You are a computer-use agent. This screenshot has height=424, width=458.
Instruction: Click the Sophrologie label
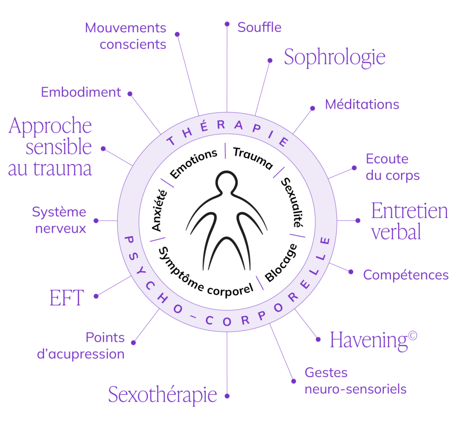[335, 58]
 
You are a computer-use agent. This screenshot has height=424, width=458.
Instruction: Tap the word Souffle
[259, 27]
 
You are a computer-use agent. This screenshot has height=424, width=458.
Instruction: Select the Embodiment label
[81, 92]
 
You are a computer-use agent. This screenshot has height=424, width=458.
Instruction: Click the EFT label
[67, 297]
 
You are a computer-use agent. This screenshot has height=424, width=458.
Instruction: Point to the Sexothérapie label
[163, 395]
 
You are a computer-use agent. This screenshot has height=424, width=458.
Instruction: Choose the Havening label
[373, 340]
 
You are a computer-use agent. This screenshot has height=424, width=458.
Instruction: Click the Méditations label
[362, 104]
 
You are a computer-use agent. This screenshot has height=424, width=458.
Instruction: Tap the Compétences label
[406, 275]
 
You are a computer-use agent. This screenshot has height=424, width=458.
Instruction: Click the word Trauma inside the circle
[253, 158]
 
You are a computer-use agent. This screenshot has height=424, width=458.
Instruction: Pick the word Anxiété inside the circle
[160, 210]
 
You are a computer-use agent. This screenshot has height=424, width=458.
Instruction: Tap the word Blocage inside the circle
[281, 263]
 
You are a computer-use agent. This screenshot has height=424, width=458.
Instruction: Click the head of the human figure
[227, 182]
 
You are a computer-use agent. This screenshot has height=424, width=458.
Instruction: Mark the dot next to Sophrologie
[270, 60]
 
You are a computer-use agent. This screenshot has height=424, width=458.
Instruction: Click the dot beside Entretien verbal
[358, 220]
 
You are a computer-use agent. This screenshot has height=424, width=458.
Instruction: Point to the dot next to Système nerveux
[96, 221]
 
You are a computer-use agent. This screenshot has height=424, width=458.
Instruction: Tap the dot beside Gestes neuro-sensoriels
[293, 381]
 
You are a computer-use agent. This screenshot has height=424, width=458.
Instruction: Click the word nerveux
[61, 229]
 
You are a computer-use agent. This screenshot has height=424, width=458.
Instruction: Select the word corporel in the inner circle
[230, 289]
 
